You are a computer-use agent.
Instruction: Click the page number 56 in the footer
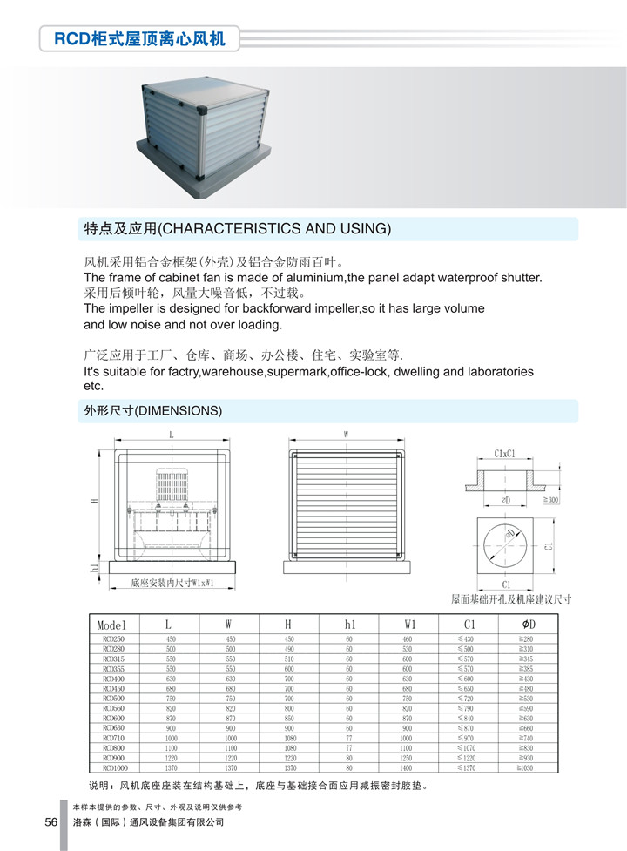coord(51,822)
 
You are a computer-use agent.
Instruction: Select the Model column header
coord(112,625)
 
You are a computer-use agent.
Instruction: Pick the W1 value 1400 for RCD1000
coord(406,767)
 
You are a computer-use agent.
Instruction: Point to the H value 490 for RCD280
coord(289,649)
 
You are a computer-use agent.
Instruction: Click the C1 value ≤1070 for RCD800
coord(468,747)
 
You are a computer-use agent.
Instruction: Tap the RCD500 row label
coord(114,699)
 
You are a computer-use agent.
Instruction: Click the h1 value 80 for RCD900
coord(348,758)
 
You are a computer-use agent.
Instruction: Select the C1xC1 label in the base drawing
coord(505,453)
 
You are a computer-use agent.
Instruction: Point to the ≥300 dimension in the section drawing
coord(552,500)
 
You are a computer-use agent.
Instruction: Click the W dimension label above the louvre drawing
coord(346,434)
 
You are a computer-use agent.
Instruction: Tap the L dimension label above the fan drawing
coord(171,434)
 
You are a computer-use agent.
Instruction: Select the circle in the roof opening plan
coord(505,546)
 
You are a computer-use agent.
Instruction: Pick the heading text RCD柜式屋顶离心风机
coord(139,39)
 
